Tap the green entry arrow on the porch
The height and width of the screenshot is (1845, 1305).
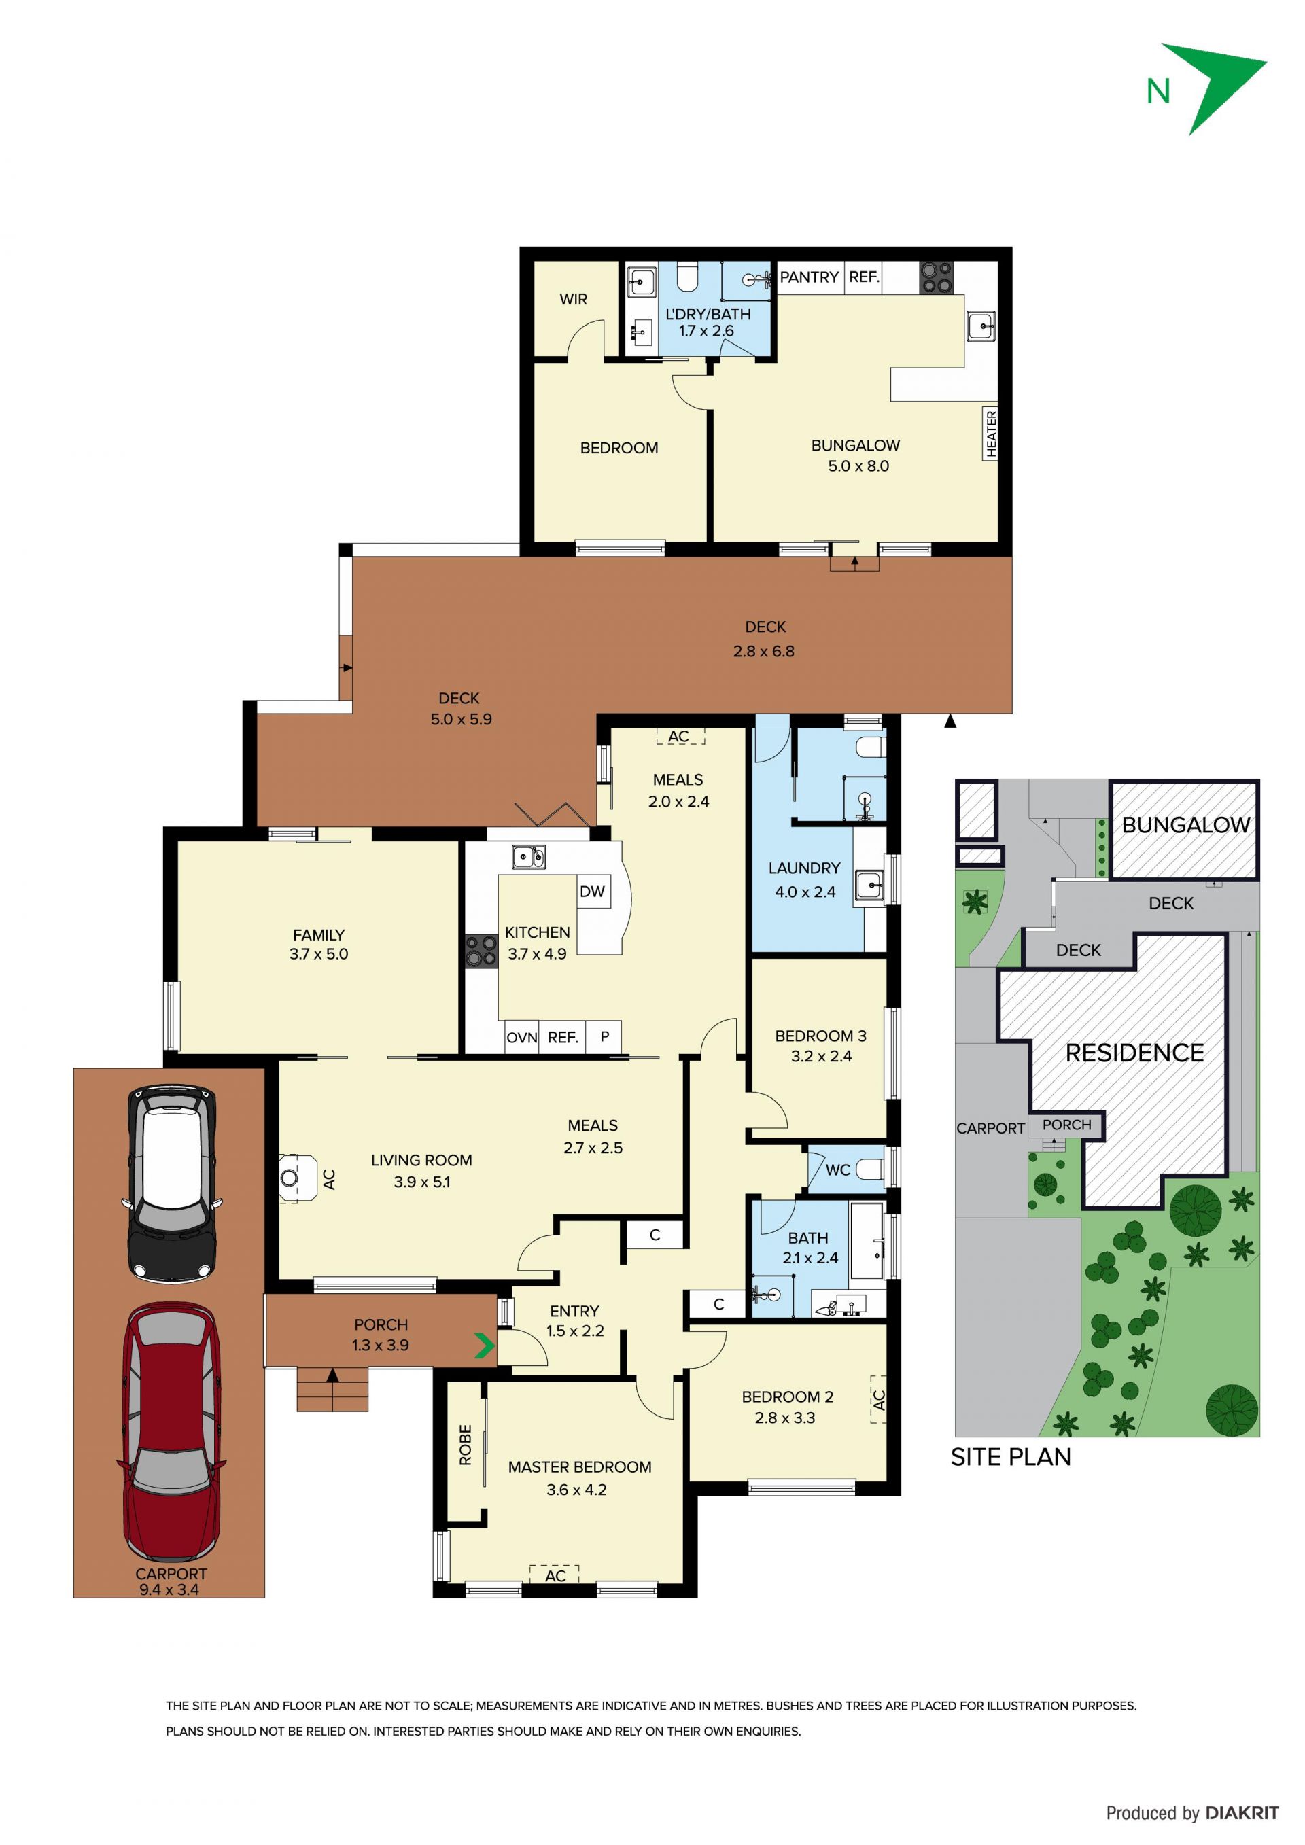(x=484, y=1346)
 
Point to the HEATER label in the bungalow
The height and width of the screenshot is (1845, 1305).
(x=991, y=433)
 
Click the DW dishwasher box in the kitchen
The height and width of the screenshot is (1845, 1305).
(x=592, y=891)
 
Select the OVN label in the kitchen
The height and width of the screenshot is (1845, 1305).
(x=521, y=1038)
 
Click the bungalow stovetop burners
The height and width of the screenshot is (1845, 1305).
(x=936, y=277)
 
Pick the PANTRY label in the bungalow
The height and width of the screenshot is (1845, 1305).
(x=810, y=277)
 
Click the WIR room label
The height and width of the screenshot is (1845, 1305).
(x=573, y=299)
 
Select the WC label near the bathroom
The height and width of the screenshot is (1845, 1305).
(x=837, y=1170)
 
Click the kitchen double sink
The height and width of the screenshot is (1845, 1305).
(x=529, y=857)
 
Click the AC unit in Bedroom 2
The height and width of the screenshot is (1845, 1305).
(x=878, y=1400)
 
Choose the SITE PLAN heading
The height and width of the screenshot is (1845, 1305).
(x=1011, y=1458)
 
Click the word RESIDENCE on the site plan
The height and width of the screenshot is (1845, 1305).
(x=1134, y=1053)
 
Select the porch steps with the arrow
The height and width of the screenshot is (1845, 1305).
(x=332, y=1388)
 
